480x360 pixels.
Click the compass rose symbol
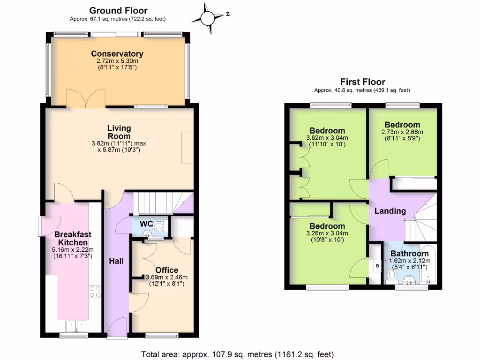[x=207, y=17]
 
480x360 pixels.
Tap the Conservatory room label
[x=117, y=54]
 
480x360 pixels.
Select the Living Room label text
[x=119, y=132]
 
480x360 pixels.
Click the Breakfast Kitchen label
[x=72, y=238]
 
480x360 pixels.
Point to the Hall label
[x=116, y=261]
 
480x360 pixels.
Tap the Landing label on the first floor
[x=390, y=211]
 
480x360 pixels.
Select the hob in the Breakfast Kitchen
[x=95, y=291]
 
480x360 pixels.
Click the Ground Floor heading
[x=118, y=10]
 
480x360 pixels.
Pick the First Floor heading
[x=362, y=82]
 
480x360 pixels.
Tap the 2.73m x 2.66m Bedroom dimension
[x=402, y=133]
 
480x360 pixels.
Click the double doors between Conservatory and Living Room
[x=83, y=99]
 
